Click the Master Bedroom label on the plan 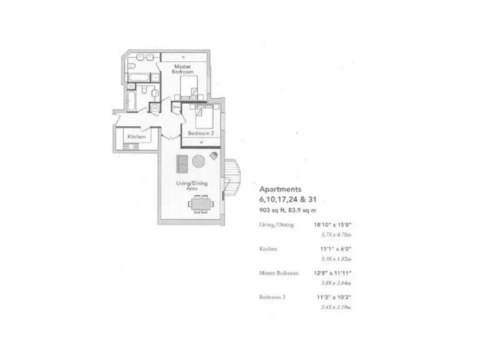coord(182,69)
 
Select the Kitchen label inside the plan coord(136,136)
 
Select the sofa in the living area coord(182,162)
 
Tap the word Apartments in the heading coord(281,188)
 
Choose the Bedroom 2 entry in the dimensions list coord(272,298)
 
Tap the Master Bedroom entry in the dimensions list coord(279,273)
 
